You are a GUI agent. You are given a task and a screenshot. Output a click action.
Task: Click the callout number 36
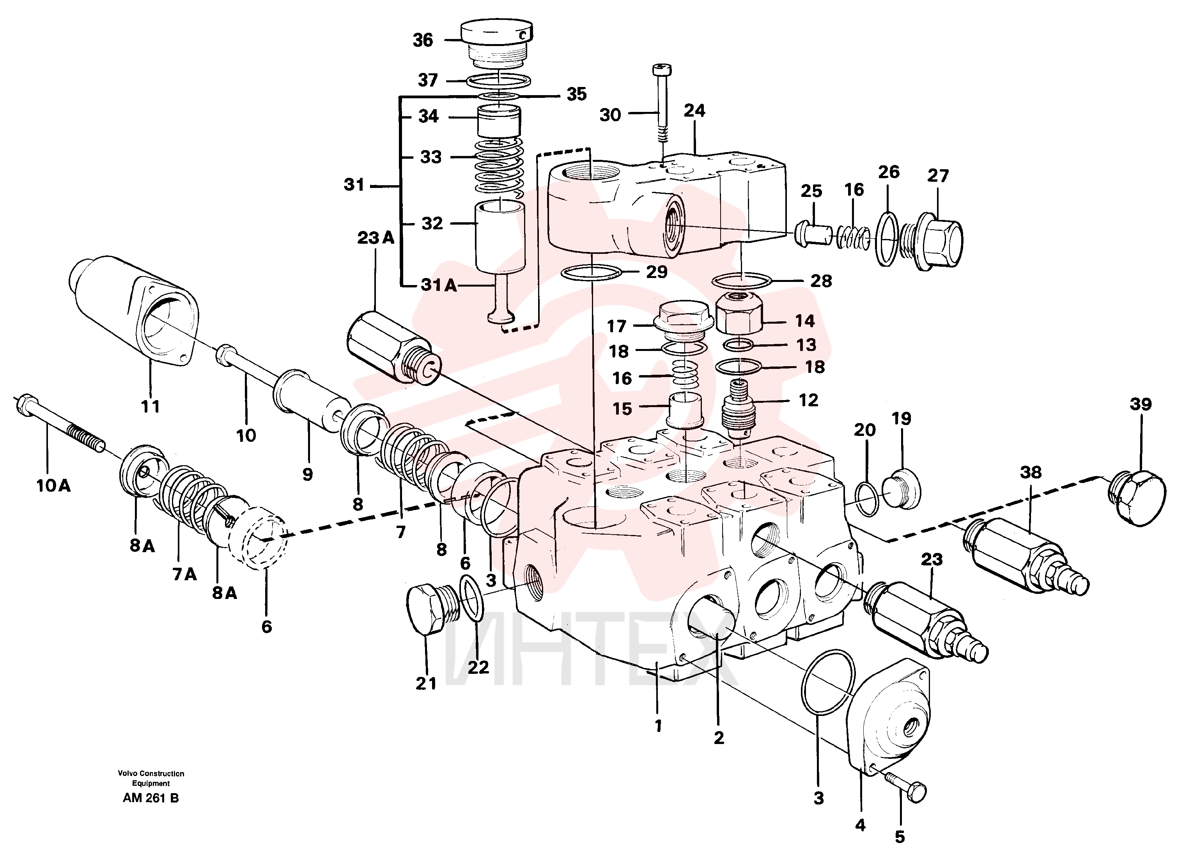[423, 40]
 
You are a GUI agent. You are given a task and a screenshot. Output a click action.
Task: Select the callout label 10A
[53, 486]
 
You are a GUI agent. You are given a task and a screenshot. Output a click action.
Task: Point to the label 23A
[376, 238]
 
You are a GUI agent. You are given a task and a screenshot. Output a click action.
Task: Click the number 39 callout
[1141, 404]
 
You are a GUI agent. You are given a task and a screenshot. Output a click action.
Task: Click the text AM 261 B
[151, 798]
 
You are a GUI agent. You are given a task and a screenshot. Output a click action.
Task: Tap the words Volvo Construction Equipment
[151, 778]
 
